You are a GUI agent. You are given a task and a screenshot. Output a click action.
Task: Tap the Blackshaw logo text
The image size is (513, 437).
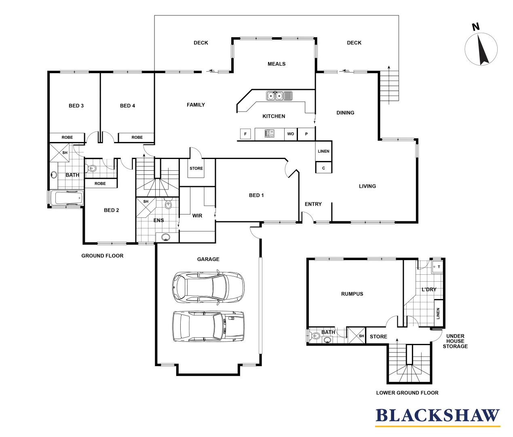(437, 416)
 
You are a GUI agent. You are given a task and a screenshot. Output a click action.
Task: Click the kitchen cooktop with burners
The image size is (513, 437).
(270, 134)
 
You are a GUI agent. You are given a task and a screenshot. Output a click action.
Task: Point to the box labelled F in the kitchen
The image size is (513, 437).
(245, 134)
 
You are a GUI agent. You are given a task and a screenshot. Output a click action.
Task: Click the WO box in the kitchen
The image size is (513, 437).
(290, 134)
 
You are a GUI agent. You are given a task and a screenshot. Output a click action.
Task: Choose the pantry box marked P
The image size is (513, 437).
(306, 134)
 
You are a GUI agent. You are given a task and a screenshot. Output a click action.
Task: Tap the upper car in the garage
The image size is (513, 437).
(208, 288)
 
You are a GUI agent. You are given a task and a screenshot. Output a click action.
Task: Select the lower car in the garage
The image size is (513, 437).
(208, 326)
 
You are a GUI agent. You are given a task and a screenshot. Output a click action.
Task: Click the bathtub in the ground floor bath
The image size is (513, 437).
(68, 198)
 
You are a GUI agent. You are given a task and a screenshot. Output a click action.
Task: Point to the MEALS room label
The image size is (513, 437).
(277, 64)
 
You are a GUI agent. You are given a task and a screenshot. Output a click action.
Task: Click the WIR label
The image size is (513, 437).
(197, 216)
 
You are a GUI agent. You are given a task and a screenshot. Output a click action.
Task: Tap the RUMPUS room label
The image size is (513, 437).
(352, 294)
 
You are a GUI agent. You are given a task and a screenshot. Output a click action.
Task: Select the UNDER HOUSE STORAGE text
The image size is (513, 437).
(455, 341)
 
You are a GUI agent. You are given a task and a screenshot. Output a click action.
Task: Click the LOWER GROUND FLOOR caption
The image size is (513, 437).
(407, 393)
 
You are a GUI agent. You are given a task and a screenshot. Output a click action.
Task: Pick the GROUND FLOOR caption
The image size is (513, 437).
(102, 256)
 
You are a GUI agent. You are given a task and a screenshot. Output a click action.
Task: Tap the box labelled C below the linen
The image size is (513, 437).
(323, 168)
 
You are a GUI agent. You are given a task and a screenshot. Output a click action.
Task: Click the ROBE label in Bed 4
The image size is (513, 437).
(137, 138)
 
